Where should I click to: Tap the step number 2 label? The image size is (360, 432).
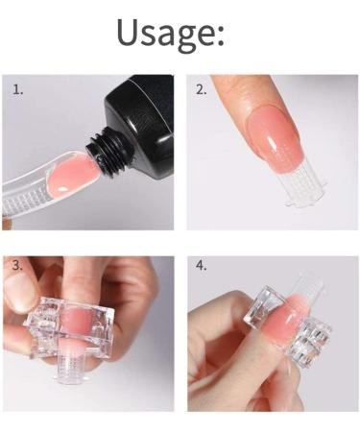(x=202, y=90)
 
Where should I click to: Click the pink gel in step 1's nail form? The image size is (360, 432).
(x=67, y=171)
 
